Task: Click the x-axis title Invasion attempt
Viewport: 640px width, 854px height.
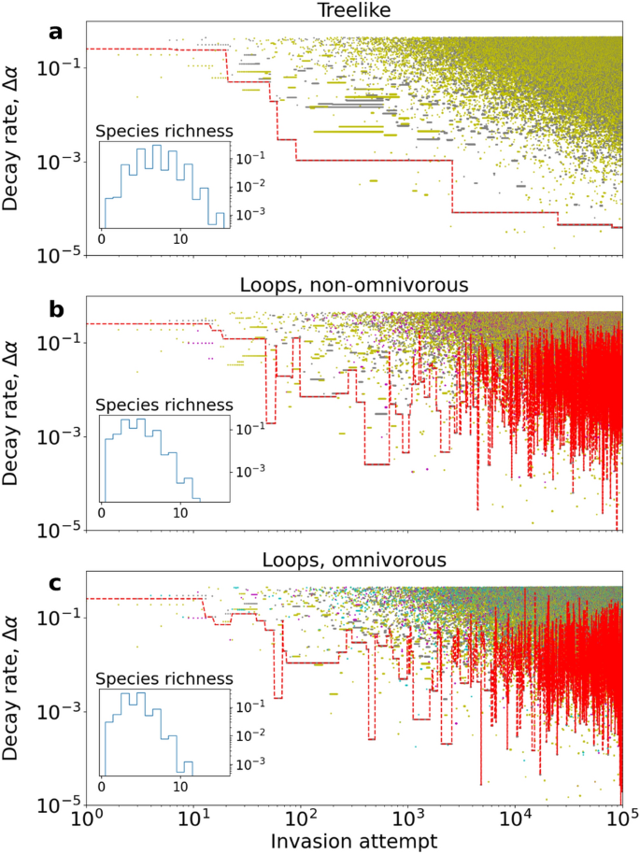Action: tap(354, 841)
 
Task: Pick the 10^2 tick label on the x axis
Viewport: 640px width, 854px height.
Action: tap(301, 820)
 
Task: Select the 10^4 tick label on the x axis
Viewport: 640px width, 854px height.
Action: tap(515, 820)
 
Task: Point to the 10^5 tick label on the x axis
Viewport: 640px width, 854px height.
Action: tap(620, 820)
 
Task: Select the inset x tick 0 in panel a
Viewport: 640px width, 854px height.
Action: tap(103, 239)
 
